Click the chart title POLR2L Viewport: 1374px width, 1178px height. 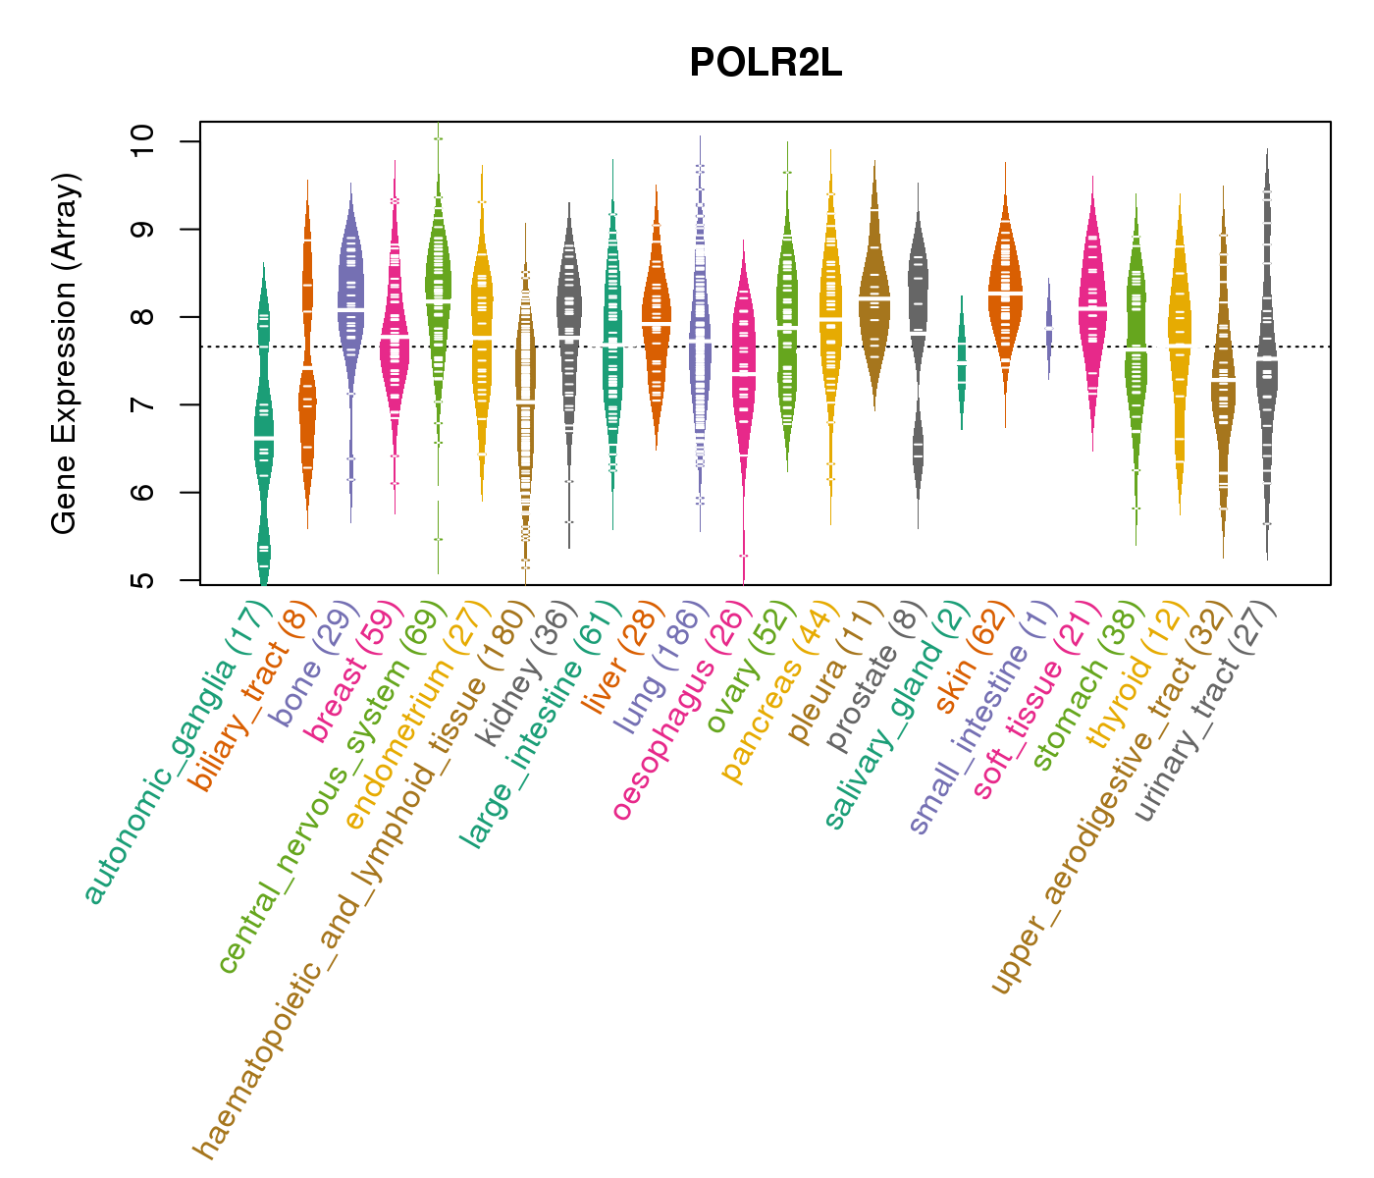coord(766,64)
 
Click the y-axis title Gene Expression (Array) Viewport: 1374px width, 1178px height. coord(65,353)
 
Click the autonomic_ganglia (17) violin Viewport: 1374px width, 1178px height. coord(263,432)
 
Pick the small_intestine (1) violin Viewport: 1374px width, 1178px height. coord(1049,328)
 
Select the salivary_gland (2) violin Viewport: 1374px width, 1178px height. coord(962,363)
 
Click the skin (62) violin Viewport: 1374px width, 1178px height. coord(1005,294)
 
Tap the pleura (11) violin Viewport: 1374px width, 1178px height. coord(874,294)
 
